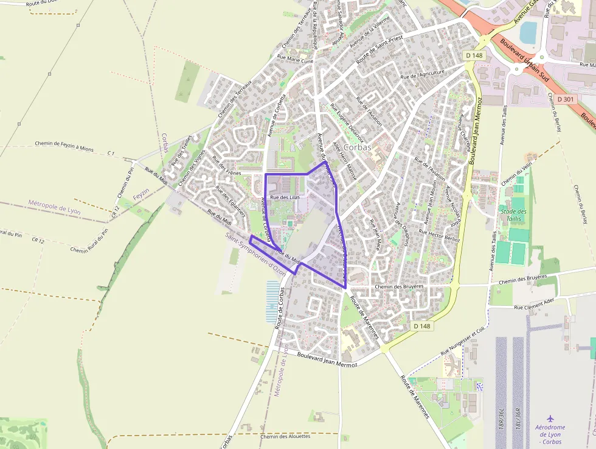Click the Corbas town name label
(358, 147)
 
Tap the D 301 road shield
(565, 99)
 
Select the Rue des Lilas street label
(285, 197)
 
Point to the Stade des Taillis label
(514, 215)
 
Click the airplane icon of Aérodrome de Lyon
(550, 419)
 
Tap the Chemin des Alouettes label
(285, 436)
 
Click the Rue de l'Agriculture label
(423, 73)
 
